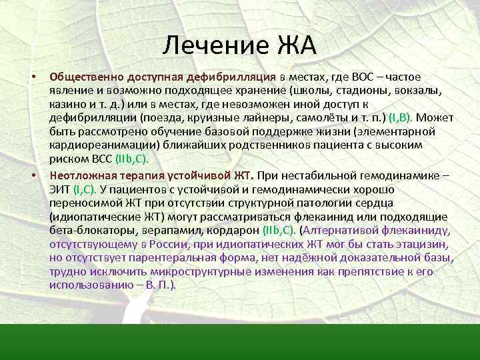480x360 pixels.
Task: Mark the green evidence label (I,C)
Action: (x=86, y=189)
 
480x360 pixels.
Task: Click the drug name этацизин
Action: (x=414, y=244)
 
